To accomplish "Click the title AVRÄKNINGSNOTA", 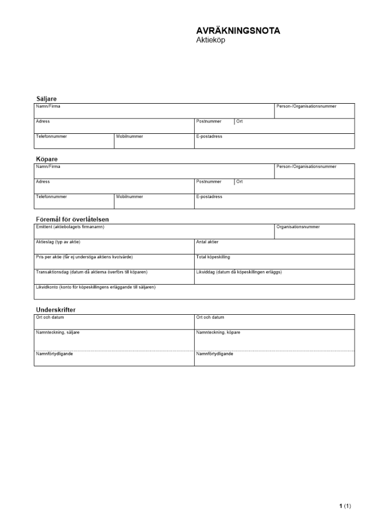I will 238,31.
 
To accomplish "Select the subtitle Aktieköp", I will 211,40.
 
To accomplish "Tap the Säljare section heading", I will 46,98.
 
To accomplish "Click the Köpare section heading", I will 47,159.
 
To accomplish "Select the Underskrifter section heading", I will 59,309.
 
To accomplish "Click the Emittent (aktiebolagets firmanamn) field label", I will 70,227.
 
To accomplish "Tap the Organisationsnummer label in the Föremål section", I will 298,227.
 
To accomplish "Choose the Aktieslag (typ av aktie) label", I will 58,242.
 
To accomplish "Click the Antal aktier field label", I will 208,242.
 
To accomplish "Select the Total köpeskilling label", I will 213,257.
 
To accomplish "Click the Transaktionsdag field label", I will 91,272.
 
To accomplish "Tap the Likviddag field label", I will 239,272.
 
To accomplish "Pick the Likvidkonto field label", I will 95,287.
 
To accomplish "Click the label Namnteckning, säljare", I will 58,332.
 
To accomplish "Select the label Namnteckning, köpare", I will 218,332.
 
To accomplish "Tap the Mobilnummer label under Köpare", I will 129,197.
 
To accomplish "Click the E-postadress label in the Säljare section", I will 209,136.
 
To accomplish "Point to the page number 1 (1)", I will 345,506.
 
